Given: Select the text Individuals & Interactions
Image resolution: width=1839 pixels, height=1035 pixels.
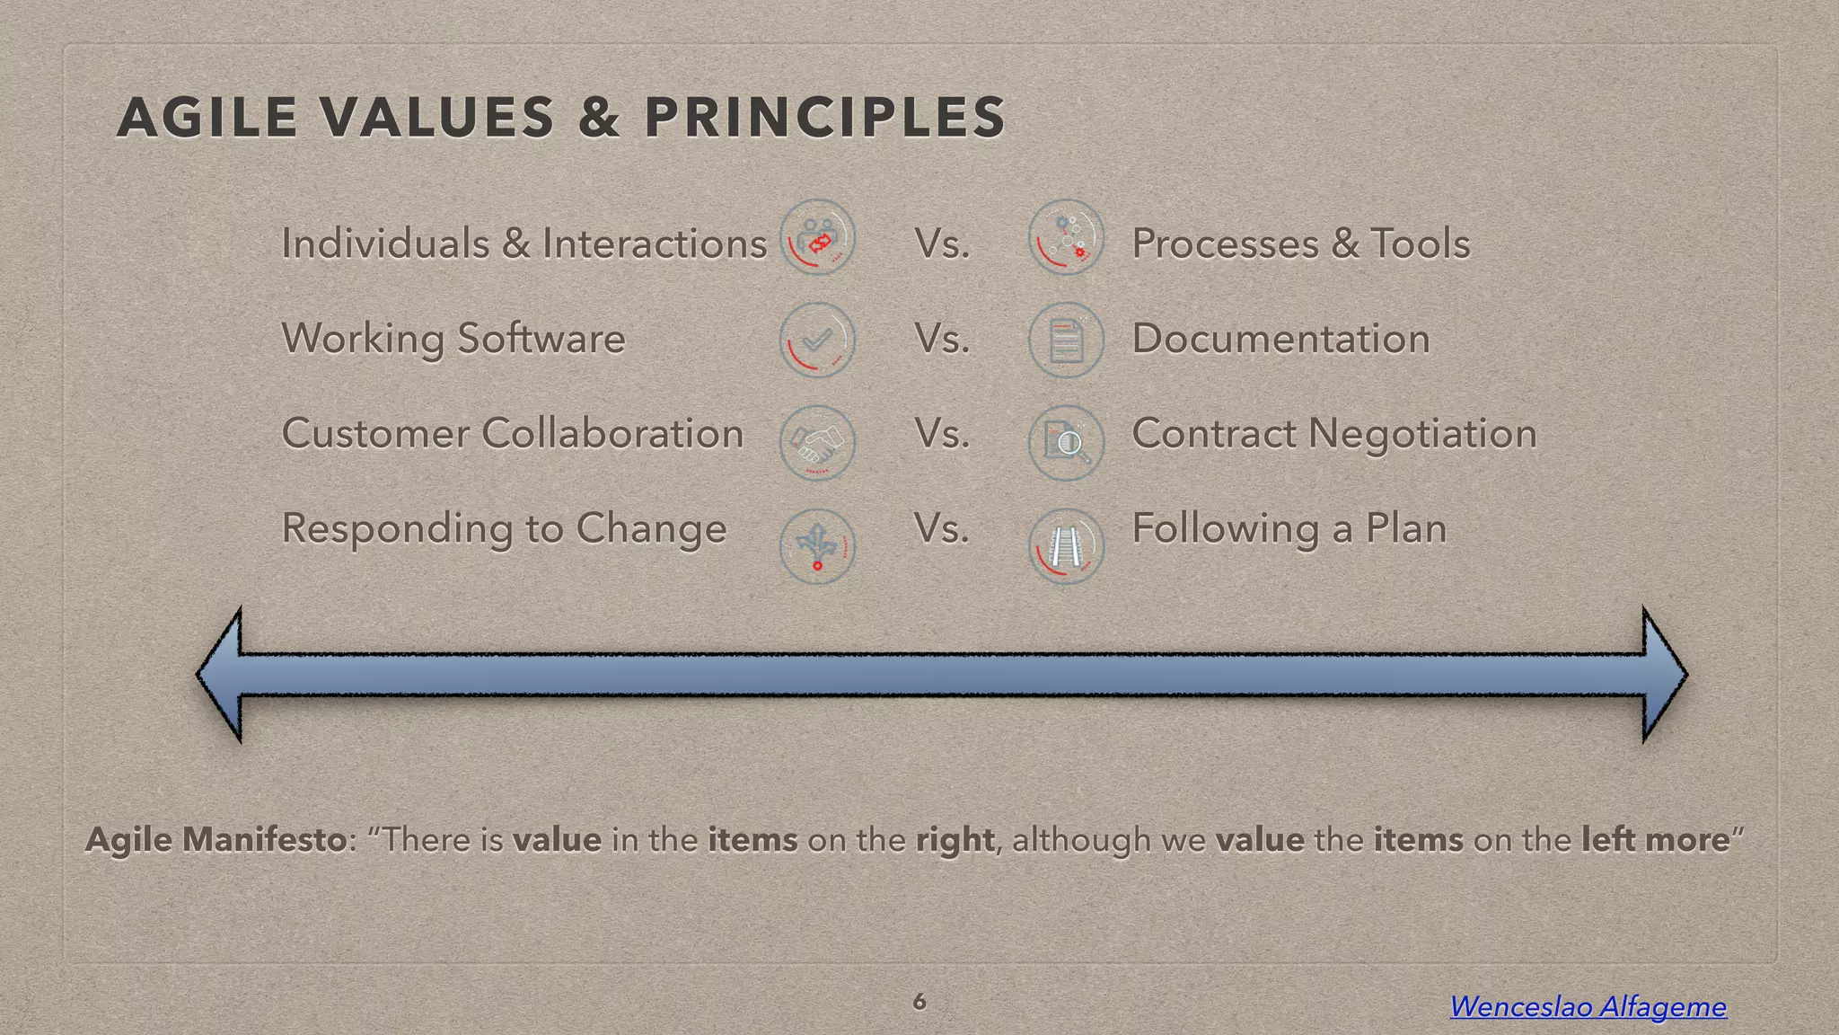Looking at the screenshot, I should click(524, 243).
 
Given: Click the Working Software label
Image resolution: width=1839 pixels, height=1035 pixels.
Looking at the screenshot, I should click(453, 339).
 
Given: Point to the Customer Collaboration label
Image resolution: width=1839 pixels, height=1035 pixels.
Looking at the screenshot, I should click(512, 433).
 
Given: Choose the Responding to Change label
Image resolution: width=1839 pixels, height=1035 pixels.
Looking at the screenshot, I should click(504, 528).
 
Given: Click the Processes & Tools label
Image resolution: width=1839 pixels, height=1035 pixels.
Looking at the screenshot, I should click(1300, 243).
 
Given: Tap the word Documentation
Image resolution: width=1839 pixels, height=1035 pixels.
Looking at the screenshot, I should click(1280, 339).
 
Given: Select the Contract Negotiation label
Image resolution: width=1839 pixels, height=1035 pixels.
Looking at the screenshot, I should click(1333, 433).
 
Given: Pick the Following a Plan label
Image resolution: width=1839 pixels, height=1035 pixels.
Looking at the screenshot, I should click(1289, 528).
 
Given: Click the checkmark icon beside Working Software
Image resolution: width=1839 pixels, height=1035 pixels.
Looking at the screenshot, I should click(817, 340).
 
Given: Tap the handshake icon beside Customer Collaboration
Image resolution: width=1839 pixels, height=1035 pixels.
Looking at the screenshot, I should click(817, 443).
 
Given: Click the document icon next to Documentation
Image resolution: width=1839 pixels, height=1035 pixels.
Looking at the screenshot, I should click(1066, 340).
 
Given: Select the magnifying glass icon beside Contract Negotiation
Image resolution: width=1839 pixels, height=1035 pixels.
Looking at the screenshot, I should click(1066, 443).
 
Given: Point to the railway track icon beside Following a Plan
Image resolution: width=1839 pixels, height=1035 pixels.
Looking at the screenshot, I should click(1066, 546).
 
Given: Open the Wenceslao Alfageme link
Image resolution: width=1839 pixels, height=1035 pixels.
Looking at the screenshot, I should click(1588, 1006).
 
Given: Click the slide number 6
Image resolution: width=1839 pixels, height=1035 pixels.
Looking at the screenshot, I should click(919, 1001).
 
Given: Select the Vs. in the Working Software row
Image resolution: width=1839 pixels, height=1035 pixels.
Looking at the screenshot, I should click(942, 339).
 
